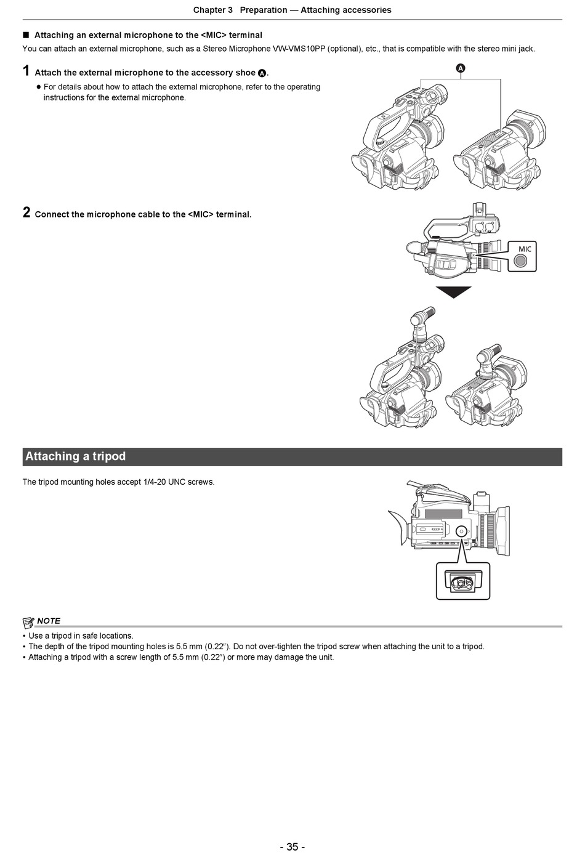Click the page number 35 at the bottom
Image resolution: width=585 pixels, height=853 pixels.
(x=292, y=846)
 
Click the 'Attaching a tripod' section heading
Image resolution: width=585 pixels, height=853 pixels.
(x=75, y=456)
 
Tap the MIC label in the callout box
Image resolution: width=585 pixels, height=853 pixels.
(x=525, y=249)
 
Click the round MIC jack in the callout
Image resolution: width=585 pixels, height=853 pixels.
(x=521, y=261)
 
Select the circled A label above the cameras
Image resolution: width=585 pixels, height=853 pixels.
(x=461, y=68)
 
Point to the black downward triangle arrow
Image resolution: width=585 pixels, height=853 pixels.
(x=454, y=292)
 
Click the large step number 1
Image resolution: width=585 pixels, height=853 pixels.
(x=26, y=71)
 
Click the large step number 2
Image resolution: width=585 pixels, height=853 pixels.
(x=26, y=212)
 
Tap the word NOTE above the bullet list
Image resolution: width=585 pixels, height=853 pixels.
(x=49, y=621)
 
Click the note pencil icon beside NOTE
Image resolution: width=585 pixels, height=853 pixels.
(x=28, y=621)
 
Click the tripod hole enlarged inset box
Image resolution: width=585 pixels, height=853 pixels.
(x=463, y=580)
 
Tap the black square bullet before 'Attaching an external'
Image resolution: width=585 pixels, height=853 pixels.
(x=26, y=35)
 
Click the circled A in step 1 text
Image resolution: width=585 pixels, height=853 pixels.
(x=262, y=73)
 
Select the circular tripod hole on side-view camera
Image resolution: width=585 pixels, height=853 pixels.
(x=461, y=531)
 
